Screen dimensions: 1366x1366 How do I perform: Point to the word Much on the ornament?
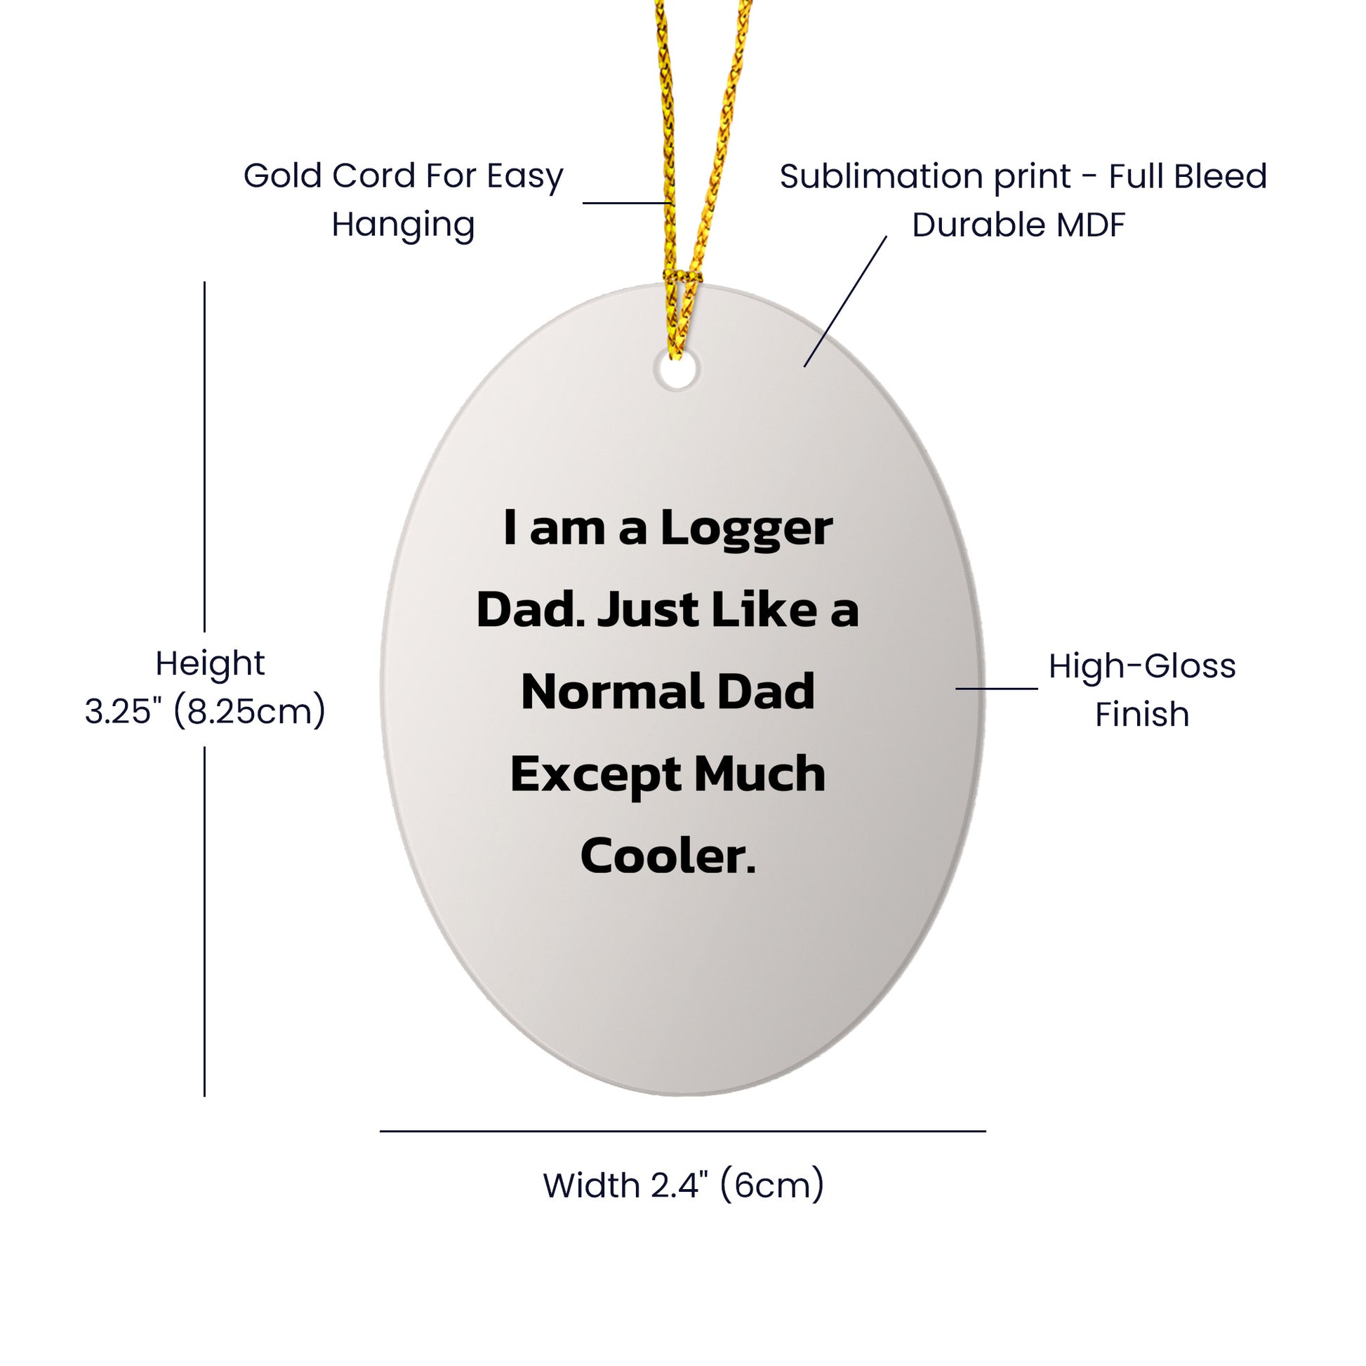point(760,774)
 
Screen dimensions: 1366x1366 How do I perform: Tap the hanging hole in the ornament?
point(677,371)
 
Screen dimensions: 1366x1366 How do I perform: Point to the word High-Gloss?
point(1141,666)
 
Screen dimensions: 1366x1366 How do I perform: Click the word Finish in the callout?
point(1141,714)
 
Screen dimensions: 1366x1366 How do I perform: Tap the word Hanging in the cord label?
point(403,225)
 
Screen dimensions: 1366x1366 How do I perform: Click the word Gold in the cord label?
point(283,176)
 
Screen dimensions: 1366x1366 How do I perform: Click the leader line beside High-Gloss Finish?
point(996,688)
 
